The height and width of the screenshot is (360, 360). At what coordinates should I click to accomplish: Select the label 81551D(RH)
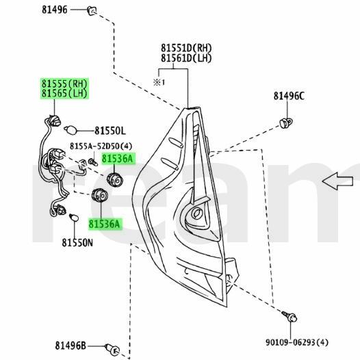(187, 49)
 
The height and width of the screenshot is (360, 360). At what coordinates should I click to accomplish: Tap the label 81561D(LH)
(187, 59)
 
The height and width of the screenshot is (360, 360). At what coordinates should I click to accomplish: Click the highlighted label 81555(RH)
(64, 85)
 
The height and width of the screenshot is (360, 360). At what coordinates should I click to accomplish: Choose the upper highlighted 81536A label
(118, 158)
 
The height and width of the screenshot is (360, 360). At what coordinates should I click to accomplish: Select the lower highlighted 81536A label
(104, 223)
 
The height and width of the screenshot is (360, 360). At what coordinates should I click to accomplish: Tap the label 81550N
(77, 242)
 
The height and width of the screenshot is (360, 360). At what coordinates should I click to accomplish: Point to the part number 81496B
(72, 346)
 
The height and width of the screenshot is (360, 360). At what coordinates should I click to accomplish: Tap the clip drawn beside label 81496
(92, 10)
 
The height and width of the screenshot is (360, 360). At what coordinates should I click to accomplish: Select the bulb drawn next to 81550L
(70, 129)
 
